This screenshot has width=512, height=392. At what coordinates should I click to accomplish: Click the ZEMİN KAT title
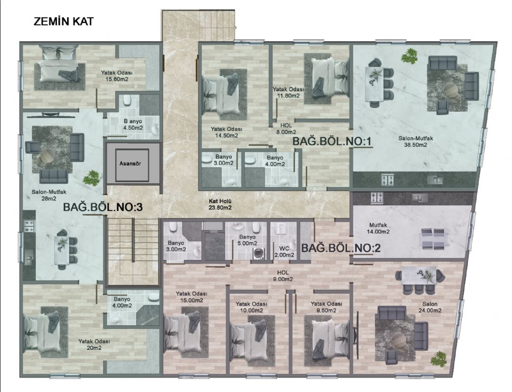(64, 22)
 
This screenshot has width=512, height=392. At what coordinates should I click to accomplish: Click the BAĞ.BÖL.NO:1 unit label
(332, 142)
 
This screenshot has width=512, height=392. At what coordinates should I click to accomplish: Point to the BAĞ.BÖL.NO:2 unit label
(341, 248)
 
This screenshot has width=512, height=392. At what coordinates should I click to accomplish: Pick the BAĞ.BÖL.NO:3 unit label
(103, 207)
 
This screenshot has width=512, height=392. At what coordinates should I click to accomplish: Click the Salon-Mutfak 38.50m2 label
(415, 142)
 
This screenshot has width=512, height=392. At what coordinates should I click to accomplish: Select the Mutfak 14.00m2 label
(379, 228)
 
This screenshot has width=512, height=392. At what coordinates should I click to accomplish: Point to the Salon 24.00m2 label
(430, 307)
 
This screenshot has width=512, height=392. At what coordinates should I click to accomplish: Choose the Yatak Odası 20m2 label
(94, 344)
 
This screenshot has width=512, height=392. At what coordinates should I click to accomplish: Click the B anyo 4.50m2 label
(133, 124)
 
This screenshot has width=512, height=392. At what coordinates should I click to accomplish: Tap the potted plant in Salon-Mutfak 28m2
(91, 178)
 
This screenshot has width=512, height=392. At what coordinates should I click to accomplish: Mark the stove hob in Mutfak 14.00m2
(376, 197)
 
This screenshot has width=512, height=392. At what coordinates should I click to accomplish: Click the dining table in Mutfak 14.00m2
(432, 239)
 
